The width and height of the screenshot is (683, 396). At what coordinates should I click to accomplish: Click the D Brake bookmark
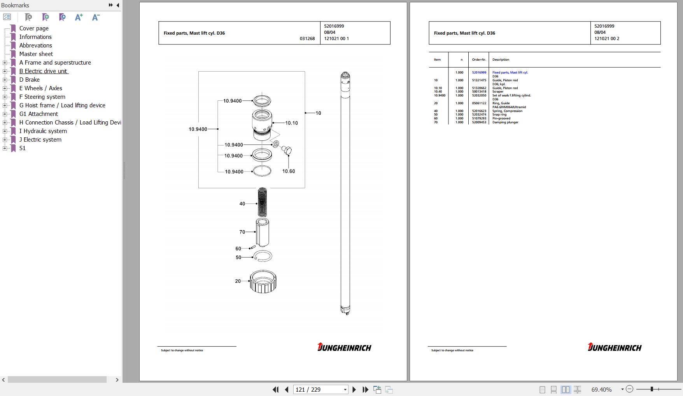[30, 80]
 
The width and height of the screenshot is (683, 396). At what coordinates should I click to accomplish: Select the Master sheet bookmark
[36, 54]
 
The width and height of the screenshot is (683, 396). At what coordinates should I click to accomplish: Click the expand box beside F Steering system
[5, 97]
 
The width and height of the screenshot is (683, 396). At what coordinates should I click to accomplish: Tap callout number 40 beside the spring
[242, 203]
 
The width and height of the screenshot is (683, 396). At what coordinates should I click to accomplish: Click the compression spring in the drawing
[263, 202]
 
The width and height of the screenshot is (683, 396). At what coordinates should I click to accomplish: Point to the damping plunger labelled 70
[263, 232]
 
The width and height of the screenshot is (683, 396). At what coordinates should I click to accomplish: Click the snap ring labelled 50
[263, 256]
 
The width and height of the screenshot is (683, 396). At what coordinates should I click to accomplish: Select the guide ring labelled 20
[263, 281]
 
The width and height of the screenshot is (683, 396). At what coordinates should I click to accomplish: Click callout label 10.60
[288, 171]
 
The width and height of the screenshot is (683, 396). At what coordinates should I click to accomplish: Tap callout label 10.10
[291, 123]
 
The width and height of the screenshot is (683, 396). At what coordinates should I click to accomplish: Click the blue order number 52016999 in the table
[479, 72]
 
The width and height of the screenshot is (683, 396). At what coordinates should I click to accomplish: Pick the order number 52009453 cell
[479, 122]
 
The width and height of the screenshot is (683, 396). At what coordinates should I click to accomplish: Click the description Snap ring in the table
[499, 114]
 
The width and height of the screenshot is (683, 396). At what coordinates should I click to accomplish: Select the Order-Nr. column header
[479, 60]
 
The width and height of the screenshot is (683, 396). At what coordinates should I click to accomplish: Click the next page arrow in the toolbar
[354, 389]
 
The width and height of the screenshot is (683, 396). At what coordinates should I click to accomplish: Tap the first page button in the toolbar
[275, 389]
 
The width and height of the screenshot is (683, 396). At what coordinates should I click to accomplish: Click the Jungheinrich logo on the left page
[344, 347]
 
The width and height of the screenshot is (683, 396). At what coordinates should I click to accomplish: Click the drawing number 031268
[307, 39]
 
